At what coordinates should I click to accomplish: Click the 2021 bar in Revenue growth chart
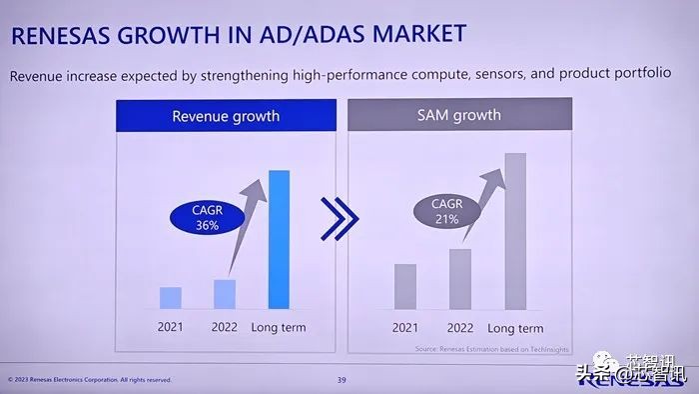tap(171, 297)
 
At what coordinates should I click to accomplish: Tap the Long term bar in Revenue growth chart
tap(280, 239)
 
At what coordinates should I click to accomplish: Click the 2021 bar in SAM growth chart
tap(404, 286)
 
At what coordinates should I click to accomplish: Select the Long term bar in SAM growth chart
tap(515, 231)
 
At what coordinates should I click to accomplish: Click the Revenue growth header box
tap(225, 115)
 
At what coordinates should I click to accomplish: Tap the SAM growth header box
tap(459, 115)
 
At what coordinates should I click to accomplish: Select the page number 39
tap(342, 380)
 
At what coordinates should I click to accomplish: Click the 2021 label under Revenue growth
tap(171, 327)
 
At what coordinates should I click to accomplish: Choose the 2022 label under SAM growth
tap(459, 328)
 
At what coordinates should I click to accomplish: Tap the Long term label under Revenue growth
tap(279, 327)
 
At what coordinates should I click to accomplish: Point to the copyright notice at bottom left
tap(89, 380)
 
